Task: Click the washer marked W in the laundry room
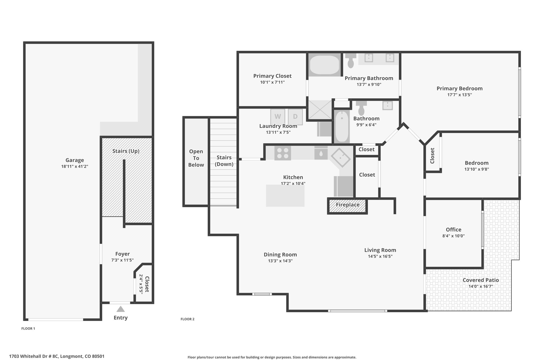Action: click(278, 117)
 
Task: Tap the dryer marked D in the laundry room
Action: click(295, 117)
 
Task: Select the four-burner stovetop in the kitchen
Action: click(283, 153)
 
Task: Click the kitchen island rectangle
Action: click(285, 196)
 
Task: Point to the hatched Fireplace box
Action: click(347, 206)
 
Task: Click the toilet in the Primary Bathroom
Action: click(351, 60)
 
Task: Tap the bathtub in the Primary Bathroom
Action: click(325, 65)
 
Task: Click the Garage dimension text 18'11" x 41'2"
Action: click(75, 166)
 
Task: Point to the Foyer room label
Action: click(122, 254)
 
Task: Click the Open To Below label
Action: click(196, 158)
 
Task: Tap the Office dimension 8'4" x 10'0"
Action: click(453, 236)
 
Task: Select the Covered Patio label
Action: click(481, 280)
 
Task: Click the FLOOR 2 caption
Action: click(188, 319)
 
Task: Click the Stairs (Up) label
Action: click(126, 151)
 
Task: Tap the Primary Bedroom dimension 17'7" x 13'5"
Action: click(460, 95)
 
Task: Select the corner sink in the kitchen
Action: click(341, 157)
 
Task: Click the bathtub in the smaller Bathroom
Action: click(342, 127)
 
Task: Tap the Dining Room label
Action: click(280, 254)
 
